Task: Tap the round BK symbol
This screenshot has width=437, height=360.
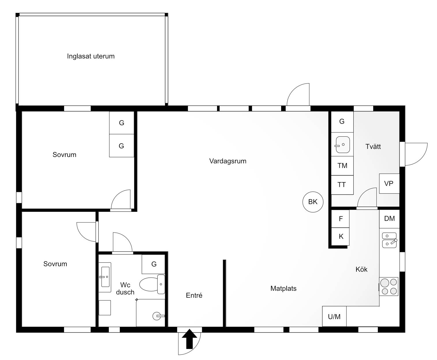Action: point(313,202)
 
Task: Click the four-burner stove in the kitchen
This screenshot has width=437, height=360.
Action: point(389,286)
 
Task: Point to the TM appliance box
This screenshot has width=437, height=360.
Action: point(342,166)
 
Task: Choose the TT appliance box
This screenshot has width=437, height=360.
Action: point(342,185)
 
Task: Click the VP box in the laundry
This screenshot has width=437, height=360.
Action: point(389,183)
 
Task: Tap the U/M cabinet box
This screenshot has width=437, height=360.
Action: point(334,316)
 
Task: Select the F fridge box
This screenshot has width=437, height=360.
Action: point(340,219)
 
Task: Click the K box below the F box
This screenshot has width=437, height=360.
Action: point(340,237)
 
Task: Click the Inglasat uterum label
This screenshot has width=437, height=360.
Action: point(91,56)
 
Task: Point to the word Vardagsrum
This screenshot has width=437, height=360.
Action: point(228,161)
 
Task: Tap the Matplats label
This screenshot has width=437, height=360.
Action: point(283,288)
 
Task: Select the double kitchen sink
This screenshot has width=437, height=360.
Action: point(389,240)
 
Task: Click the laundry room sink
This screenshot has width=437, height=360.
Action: point(342,144)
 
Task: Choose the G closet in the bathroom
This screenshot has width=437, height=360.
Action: point(153,264)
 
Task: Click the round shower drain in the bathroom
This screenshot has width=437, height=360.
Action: point(156,316)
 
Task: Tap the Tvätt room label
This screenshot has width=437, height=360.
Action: point(373,146)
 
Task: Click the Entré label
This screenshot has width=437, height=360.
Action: point(194,295)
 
